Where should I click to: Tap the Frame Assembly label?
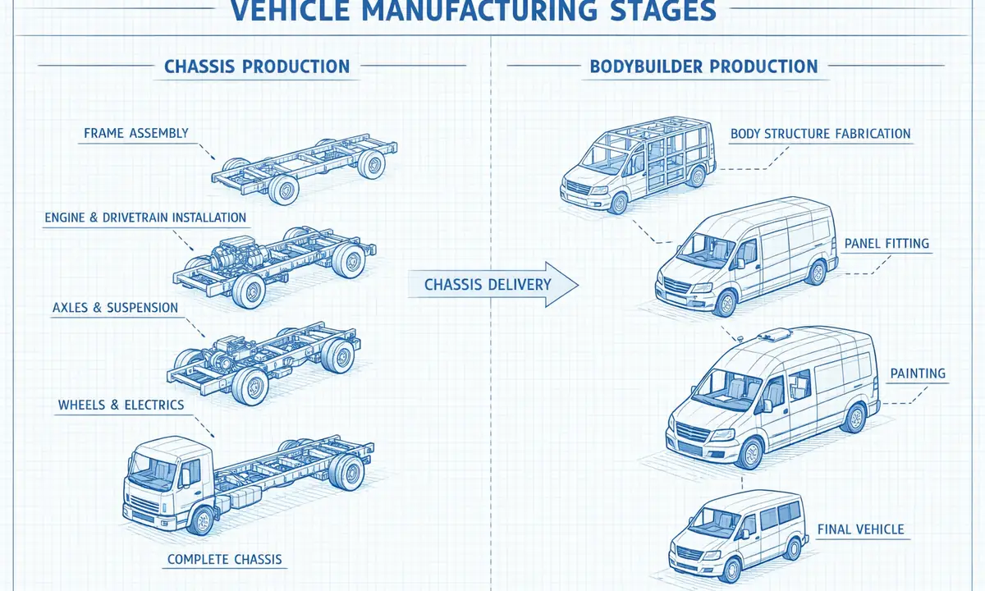(135, 133)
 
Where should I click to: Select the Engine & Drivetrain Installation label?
(144, 218)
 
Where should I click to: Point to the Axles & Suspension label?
(115, 308)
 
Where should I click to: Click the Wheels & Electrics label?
(121, 405)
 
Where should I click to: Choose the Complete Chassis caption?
(224, 560)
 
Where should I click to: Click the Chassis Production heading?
(257, 66)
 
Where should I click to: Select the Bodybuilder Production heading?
(703, 66)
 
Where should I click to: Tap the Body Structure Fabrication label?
(820, 133)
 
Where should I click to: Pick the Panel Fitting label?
(886, 244)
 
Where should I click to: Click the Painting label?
(918, 373)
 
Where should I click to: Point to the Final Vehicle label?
(860, 529)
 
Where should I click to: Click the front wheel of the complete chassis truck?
(201, 519)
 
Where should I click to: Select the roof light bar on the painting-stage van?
(776, 335)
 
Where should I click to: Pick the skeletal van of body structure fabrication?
(632, 164)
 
